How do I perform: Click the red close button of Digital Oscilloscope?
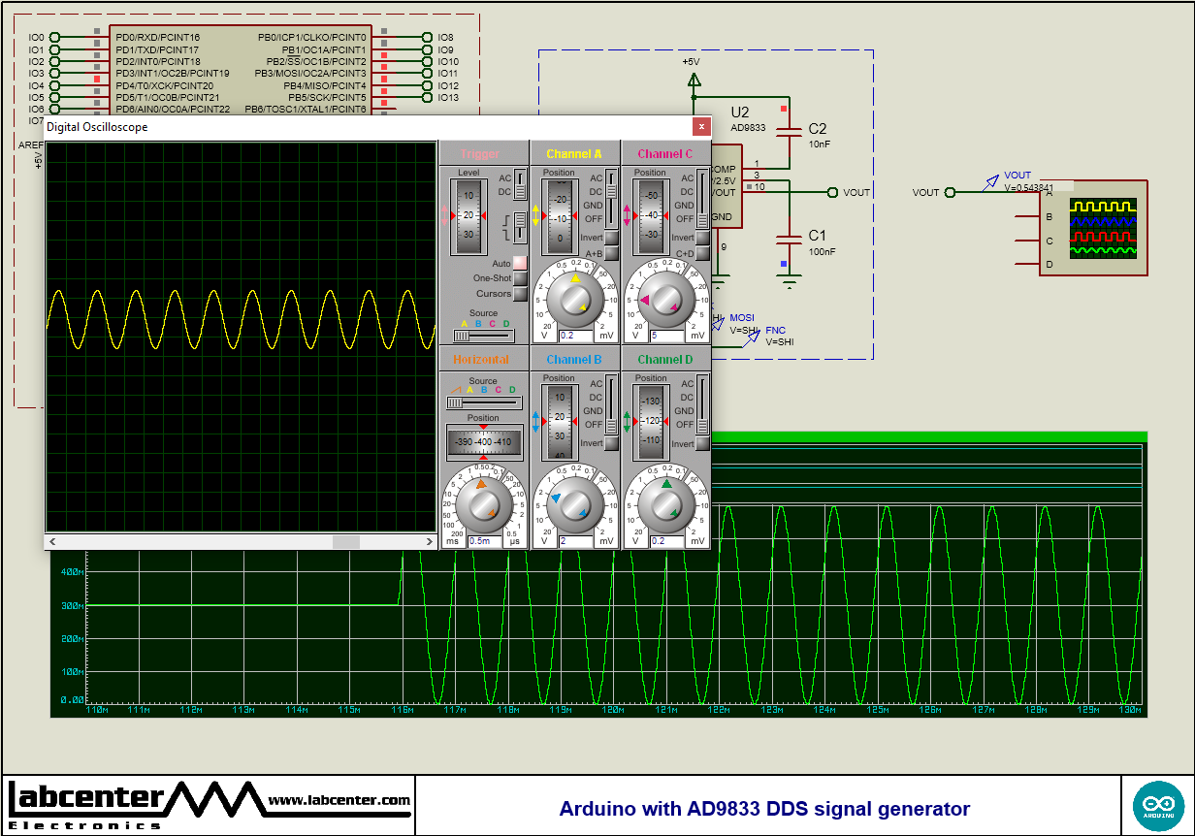[701, 127]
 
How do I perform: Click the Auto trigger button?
[520, 263]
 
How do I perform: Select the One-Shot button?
[520, 278]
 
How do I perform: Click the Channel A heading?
[574, 154]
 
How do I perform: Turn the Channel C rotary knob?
[666, 301]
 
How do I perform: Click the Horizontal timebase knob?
[484, 503]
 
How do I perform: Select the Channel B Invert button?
[611, 443]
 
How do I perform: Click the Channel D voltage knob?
[666, 503]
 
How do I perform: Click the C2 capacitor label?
[818, 129]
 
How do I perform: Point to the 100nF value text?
[822, 252]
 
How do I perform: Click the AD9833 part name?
[748, 128]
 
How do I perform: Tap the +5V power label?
[691, 61]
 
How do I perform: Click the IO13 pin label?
[447, 97]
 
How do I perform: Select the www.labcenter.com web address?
[339, 800]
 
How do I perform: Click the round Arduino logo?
[1158, 805]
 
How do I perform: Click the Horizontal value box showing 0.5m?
[484, 541]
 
